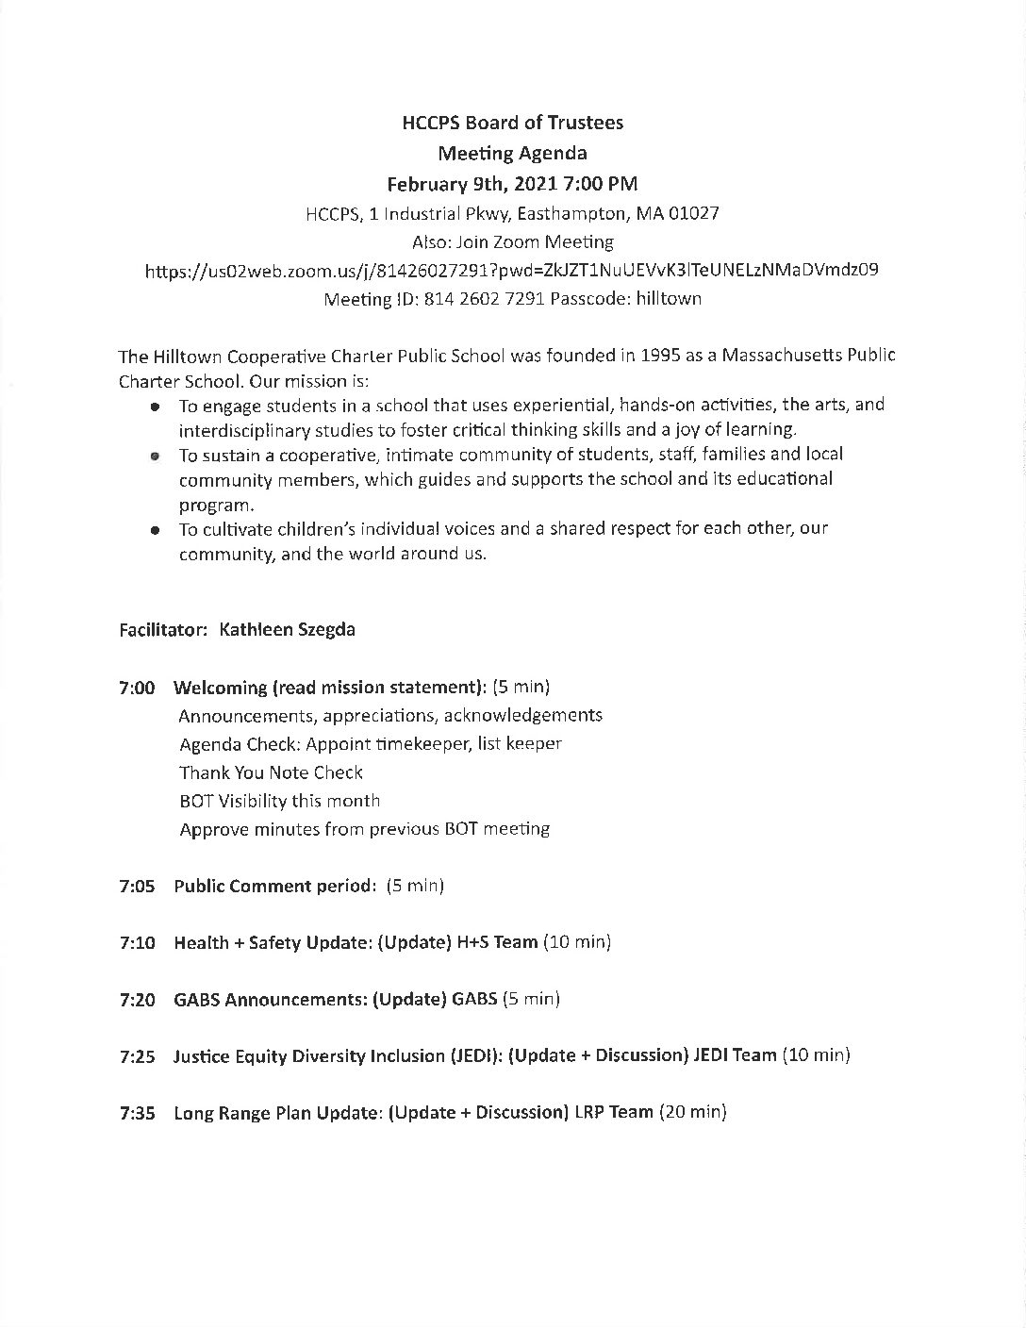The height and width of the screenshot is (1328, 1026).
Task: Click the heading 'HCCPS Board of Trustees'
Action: coord(512,123)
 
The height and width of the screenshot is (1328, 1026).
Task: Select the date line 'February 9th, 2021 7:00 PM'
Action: coord(512,183)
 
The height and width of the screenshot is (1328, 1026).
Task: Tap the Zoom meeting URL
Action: coord(512,271)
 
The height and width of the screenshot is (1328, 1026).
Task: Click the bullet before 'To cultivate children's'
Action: coord(153,530)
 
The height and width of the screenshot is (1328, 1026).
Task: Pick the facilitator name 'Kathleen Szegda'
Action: coord(287,630)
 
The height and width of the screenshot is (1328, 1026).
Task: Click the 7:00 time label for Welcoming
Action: coord(138,688)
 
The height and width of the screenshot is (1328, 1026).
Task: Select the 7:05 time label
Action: coord(138,887)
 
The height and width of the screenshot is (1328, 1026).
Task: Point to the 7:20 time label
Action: coord(138,1000)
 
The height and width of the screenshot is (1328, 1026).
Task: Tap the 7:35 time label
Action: coord(138,1113)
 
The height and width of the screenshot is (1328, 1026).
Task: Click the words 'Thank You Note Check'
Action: coord(271,773)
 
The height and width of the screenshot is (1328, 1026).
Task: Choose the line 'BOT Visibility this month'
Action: coord(279,802)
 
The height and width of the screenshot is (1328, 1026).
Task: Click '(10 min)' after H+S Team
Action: coord(577,942)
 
